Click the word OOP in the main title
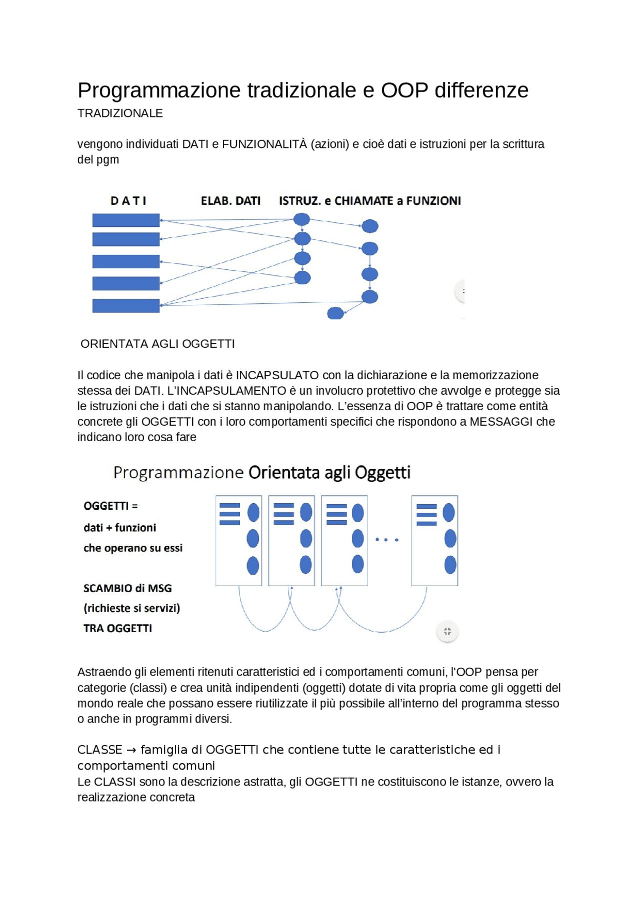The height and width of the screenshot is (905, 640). coord(404,90)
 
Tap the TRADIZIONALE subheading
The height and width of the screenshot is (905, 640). coord(120,113)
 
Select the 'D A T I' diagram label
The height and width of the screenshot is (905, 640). coord(128,201)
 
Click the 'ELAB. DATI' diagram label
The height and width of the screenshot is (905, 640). coord(230,201)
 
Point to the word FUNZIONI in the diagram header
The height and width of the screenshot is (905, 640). coord(433,201)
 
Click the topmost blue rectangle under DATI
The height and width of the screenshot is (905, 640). coord(126,220)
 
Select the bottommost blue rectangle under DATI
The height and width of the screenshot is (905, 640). coord(126,306)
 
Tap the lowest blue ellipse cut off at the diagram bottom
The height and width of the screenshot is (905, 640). coord(335,314)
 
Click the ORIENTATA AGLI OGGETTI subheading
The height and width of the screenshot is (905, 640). coord(157,344)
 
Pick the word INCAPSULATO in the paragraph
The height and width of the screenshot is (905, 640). coord(277,375)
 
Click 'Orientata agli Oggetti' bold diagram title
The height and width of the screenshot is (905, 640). coord(329,473)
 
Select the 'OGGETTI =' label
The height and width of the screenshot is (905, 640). coord(110,506)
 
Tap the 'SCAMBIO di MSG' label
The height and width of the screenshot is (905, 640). coord(127,588)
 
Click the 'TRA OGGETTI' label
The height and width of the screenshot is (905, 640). coord(117,629)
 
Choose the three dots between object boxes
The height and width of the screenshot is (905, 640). coord(386,540)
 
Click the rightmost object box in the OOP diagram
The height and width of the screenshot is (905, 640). coord(434,541)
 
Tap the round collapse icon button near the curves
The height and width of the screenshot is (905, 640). coord(447,632)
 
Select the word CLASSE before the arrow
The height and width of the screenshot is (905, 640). coord(99,750)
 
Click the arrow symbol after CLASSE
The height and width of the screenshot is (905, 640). coord(131,751)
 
